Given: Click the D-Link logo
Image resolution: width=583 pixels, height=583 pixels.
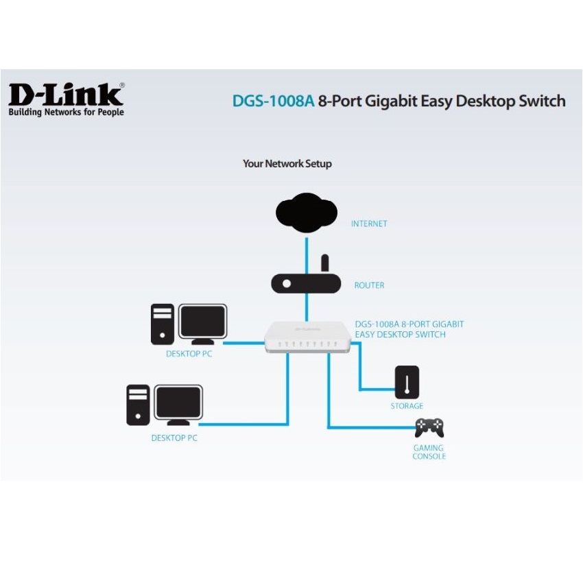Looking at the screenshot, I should [x=66, y=94].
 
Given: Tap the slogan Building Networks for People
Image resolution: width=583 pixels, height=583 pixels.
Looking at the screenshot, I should [x=66, y=112].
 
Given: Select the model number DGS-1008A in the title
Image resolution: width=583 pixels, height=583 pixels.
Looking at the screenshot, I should [x=273, y=102].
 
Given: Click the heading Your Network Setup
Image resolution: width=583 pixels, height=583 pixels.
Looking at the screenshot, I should [x=287, y=164].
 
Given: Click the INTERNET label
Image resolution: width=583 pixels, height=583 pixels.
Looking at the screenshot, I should [x=369, y=224].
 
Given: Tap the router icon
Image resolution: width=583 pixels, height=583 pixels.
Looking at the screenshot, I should [x=306, y=283].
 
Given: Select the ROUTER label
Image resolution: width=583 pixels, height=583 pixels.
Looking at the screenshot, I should [x=369, y=285].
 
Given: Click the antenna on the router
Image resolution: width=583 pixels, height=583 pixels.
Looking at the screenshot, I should [x=325, y=263].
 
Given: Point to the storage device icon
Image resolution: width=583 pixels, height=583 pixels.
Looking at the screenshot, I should [x=407, y=382].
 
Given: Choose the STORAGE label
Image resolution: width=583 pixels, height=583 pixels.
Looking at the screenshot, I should [x=407, y=406].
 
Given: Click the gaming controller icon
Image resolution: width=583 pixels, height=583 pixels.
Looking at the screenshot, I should [x=429, y=428].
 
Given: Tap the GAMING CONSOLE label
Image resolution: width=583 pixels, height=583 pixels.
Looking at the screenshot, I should [x=429, y=452].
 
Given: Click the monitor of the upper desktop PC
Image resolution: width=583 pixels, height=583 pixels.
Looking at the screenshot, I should [x=202, y=323].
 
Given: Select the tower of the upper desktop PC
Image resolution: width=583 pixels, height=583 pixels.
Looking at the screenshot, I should [x=163, y=324].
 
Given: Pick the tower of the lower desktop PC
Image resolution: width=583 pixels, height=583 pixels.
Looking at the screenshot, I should [x=138, y=405].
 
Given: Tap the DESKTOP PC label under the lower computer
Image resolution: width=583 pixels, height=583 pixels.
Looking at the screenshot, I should [x=174, y=438].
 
